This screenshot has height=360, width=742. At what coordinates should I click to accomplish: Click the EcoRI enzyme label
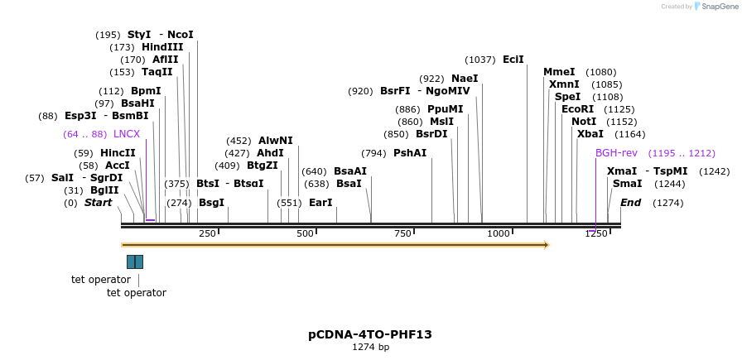577,109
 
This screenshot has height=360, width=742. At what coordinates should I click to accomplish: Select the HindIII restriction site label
162,47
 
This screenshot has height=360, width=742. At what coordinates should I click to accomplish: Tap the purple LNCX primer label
127,134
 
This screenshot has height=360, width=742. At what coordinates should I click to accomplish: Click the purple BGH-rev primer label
616,153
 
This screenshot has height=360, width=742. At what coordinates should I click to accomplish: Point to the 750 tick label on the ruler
402,234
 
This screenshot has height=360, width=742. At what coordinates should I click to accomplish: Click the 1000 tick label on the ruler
499,234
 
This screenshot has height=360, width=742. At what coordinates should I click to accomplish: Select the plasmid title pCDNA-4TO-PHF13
370,334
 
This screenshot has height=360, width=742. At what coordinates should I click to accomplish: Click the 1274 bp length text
370,348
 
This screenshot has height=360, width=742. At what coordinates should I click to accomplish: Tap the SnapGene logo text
715,7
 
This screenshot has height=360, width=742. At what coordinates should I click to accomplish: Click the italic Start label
98,203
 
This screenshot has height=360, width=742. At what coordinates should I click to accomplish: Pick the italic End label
630,203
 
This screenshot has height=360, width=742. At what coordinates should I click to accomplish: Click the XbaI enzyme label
590,134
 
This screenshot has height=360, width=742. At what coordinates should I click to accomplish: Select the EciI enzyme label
513,60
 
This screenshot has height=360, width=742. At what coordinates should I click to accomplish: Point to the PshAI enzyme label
410,153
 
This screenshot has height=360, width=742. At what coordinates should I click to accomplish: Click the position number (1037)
480,60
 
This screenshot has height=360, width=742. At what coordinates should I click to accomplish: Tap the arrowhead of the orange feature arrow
545,245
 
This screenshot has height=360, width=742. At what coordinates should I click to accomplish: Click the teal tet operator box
135,262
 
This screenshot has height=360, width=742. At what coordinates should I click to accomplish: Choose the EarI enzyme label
320,203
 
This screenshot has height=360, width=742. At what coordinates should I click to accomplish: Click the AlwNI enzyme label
276,141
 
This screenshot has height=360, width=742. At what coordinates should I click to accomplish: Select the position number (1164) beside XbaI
630,134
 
